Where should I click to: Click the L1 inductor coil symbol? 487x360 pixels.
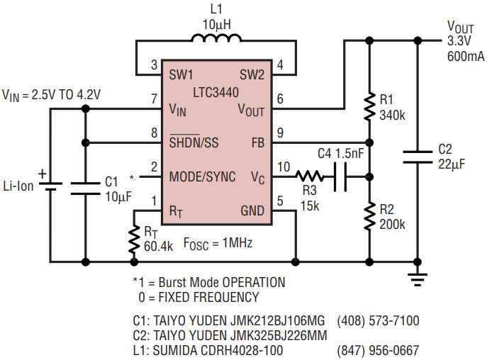216,38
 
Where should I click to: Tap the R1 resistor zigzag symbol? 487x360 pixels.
369,106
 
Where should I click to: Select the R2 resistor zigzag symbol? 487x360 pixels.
369,217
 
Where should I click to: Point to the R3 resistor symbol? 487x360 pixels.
309,176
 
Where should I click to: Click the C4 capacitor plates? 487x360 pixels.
340,176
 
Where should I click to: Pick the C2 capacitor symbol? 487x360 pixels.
418,157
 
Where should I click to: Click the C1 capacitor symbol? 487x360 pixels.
85,189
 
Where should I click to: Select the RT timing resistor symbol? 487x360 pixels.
134,240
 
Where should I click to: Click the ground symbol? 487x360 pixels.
418,279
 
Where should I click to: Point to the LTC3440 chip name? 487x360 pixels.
216,92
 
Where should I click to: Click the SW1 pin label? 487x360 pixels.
181,74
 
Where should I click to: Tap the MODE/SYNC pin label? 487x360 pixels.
202,176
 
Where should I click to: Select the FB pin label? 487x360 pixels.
258,142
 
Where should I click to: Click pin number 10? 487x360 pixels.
284,167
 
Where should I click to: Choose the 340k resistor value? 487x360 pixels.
392,116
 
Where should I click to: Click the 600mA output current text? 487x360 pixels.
466,56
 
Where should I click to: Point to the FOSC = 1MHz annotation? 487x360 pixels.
218,243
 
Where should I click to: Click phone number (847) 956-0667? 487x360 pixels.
378,350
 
